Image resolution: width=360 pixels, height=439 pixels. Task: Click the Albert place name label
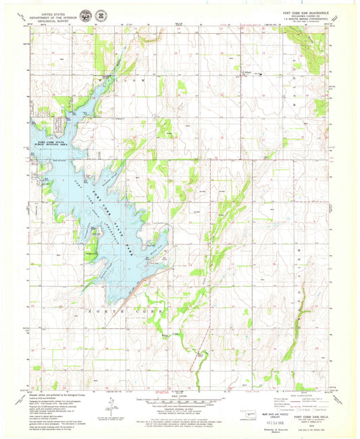(x=246, y=70)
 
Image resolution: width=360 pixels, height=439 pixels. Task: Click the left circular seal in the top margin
(x=84, y=15)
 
